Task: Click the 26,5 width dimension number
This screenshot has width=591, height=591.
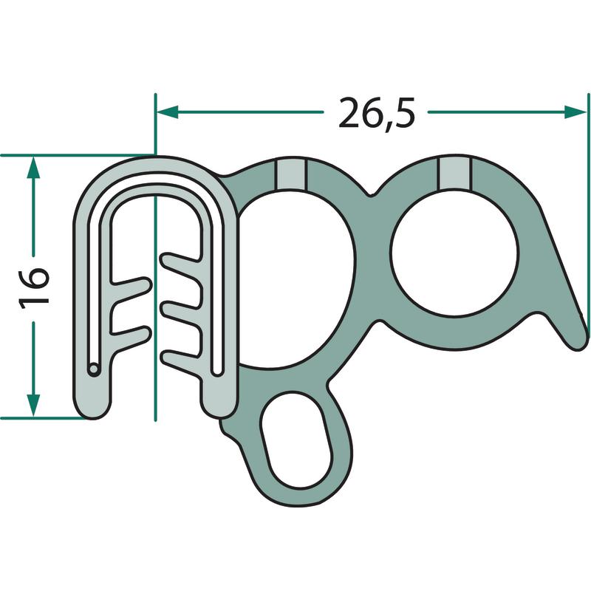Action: [x=376, y=113]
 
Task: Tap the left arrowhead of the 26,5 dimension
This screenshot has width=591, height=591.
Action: [x=168, y=112]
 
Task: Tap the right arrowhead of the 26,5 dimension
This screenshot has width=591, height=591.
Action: [x=575, y=112]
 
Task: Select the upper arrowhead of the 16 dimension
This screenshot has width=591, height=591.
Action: [x=33, y=167]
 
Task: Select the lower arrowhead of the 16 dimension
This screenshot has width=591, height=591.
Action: [x=33, y=406]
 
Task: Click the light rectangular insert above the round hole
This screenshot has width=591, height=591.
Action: [x=454, y=173]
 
